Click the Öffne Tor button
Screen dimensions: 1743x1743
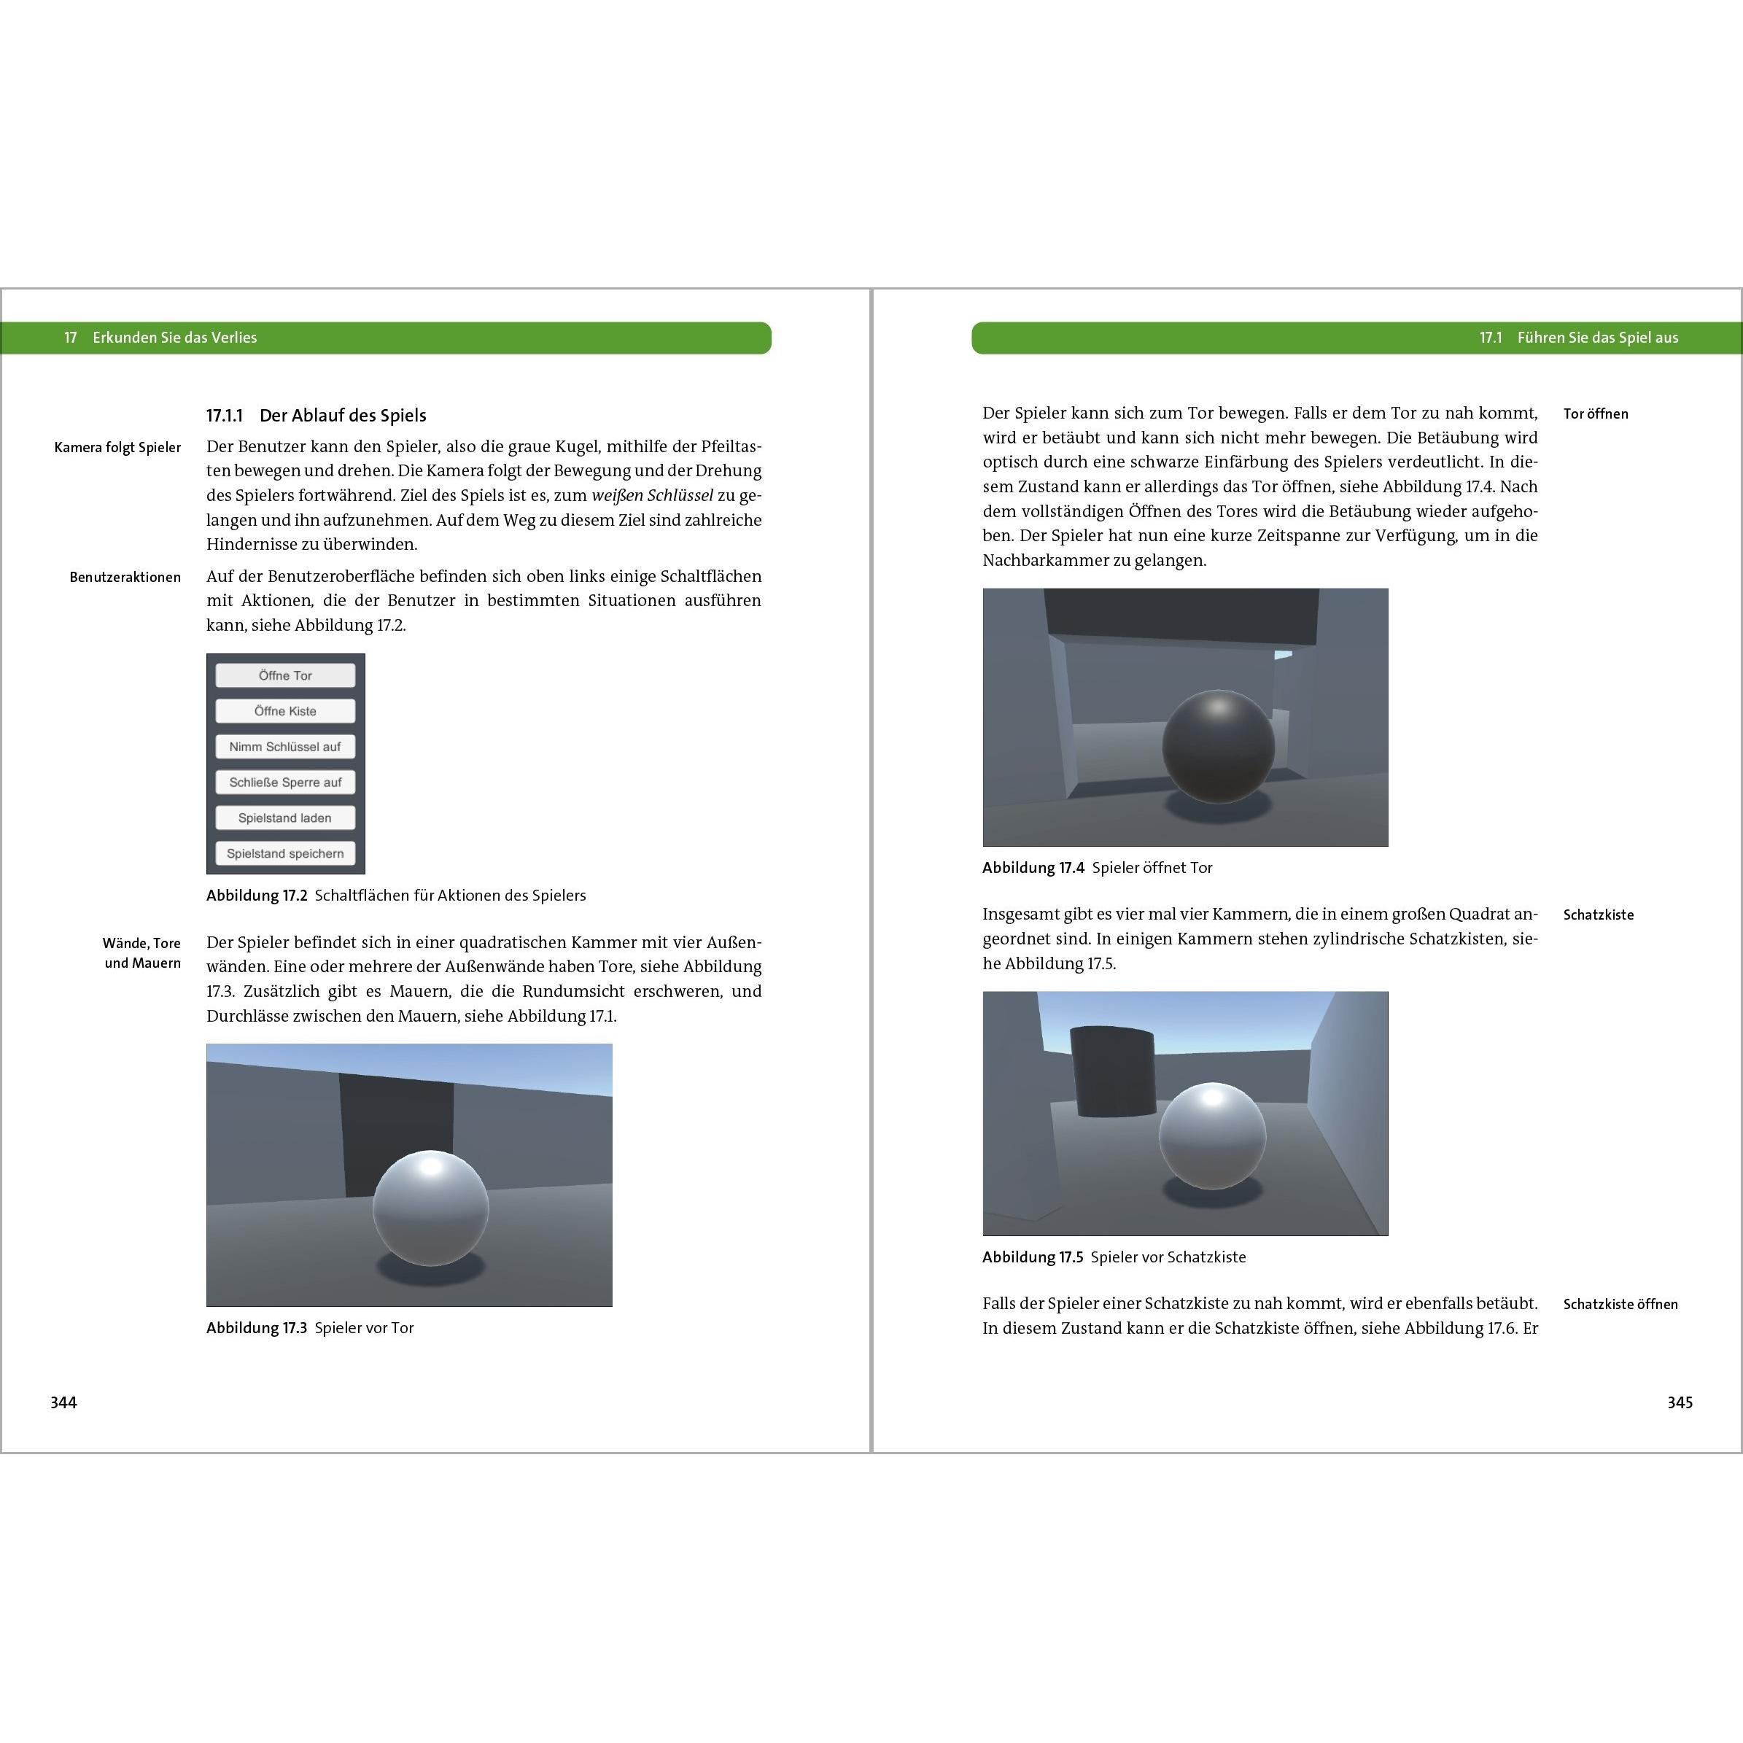click(x=285, y=676)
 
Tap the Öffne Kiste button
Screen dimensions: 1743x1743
click(x=285, y=711)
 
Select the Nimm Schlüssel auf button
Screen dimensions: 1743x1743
click(x=285, y=747)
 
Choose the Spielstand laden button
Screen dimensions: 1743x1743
click(x=285, y=818)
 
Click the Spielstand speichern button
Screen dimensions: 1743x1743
click(x=285, y=853)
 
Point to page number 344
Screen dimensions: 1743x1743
click(x=63, y=1402)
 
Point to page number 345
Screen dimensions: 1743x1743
click(x=1679, y=1402)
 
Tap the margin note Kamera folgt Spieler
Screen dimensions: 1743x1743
click(x=117, y=448)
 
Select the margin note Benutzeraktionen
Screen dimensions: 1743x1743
click(x=125, y=578)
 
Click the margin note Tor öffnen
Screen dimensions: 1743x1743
click(x=1595, y=414)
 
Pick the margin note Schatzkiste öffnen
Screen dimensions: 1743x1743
click(x=1620, y=1305)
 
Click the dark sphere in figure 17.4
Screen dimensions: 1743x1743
click(x=1218, y=746)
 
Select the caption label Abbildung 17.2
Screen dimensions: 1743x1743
click(x=256, y=896)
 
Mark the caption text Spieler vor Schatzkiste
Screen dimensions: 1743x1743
click(x=1168, y=1257)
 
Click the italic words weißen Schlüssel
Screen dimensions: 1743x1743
click(x=652, y=495)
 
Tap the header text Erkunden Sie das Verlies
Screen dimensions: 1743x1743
click(x=174, y=338)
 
